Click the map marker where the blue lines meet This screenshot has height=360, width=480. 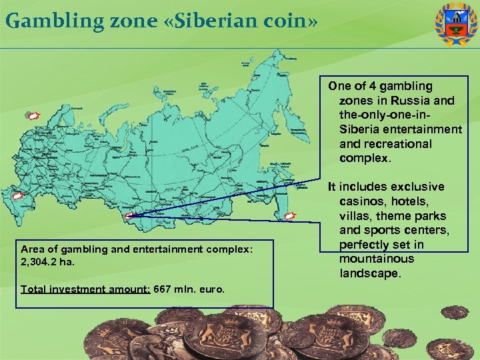point(130,215)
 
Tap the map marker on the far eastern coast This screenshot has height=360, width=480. point(290,215)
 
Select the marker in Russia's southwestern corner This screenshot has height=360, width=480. point(19,197)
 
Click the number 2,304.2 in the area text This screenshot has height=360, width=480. point(36,261)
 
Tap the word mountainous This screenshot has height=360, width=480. point(376,259)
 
